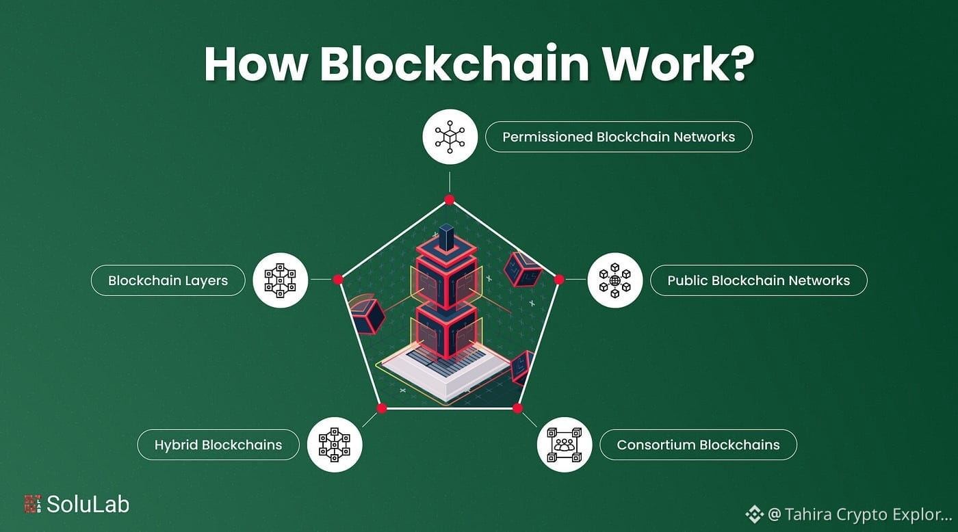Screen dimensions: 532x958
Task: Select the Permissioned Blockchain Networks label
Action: click(x=619, y=137)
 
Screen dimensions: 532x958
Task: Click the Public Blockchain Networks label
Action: click(x=758, y=280)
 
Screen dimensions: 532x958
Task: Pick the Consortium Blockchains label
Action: click(x=698, y=445)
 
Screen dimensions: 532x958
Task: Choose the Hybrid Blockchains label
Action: click(x=218, y=445)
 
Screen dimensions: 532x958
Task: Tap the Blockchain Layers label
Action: click(x=168, y=280)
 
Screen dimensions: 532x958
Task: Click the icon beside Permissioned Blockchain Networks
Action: click(x=450, y=137)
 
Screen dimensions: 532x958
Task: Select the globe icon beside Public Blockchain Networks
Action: click(x=614, y=280)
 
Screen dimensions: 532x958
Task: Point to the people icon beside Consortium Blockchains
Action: click(x=564, y=445)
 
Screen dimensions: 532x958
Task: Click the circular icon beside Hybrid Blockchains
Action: click(x=334, y=445)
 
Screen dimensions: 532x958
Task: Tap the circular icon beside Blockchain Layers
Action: click(x=280, y=280)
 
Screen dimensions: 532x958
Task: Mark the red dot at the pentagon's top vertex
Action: click(x=450, y=200)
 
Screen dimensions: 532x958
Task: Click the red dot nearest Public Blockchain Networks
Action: click(x=559, y=279)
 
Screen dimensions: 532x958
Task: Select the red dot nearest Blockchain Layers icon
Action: click(x=337, y=279)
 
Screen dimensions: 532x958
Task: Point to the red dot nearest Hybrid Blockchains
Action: click(x=382, y=408)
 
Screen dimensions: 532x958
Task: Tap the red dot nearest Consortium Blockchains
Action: click(x=517, y=408)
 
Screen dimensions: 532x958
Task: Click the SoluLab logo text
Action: click(x=88, y=505)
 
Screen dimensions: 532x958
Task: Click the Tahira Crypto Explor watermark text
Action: click(x=859, y=514)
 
